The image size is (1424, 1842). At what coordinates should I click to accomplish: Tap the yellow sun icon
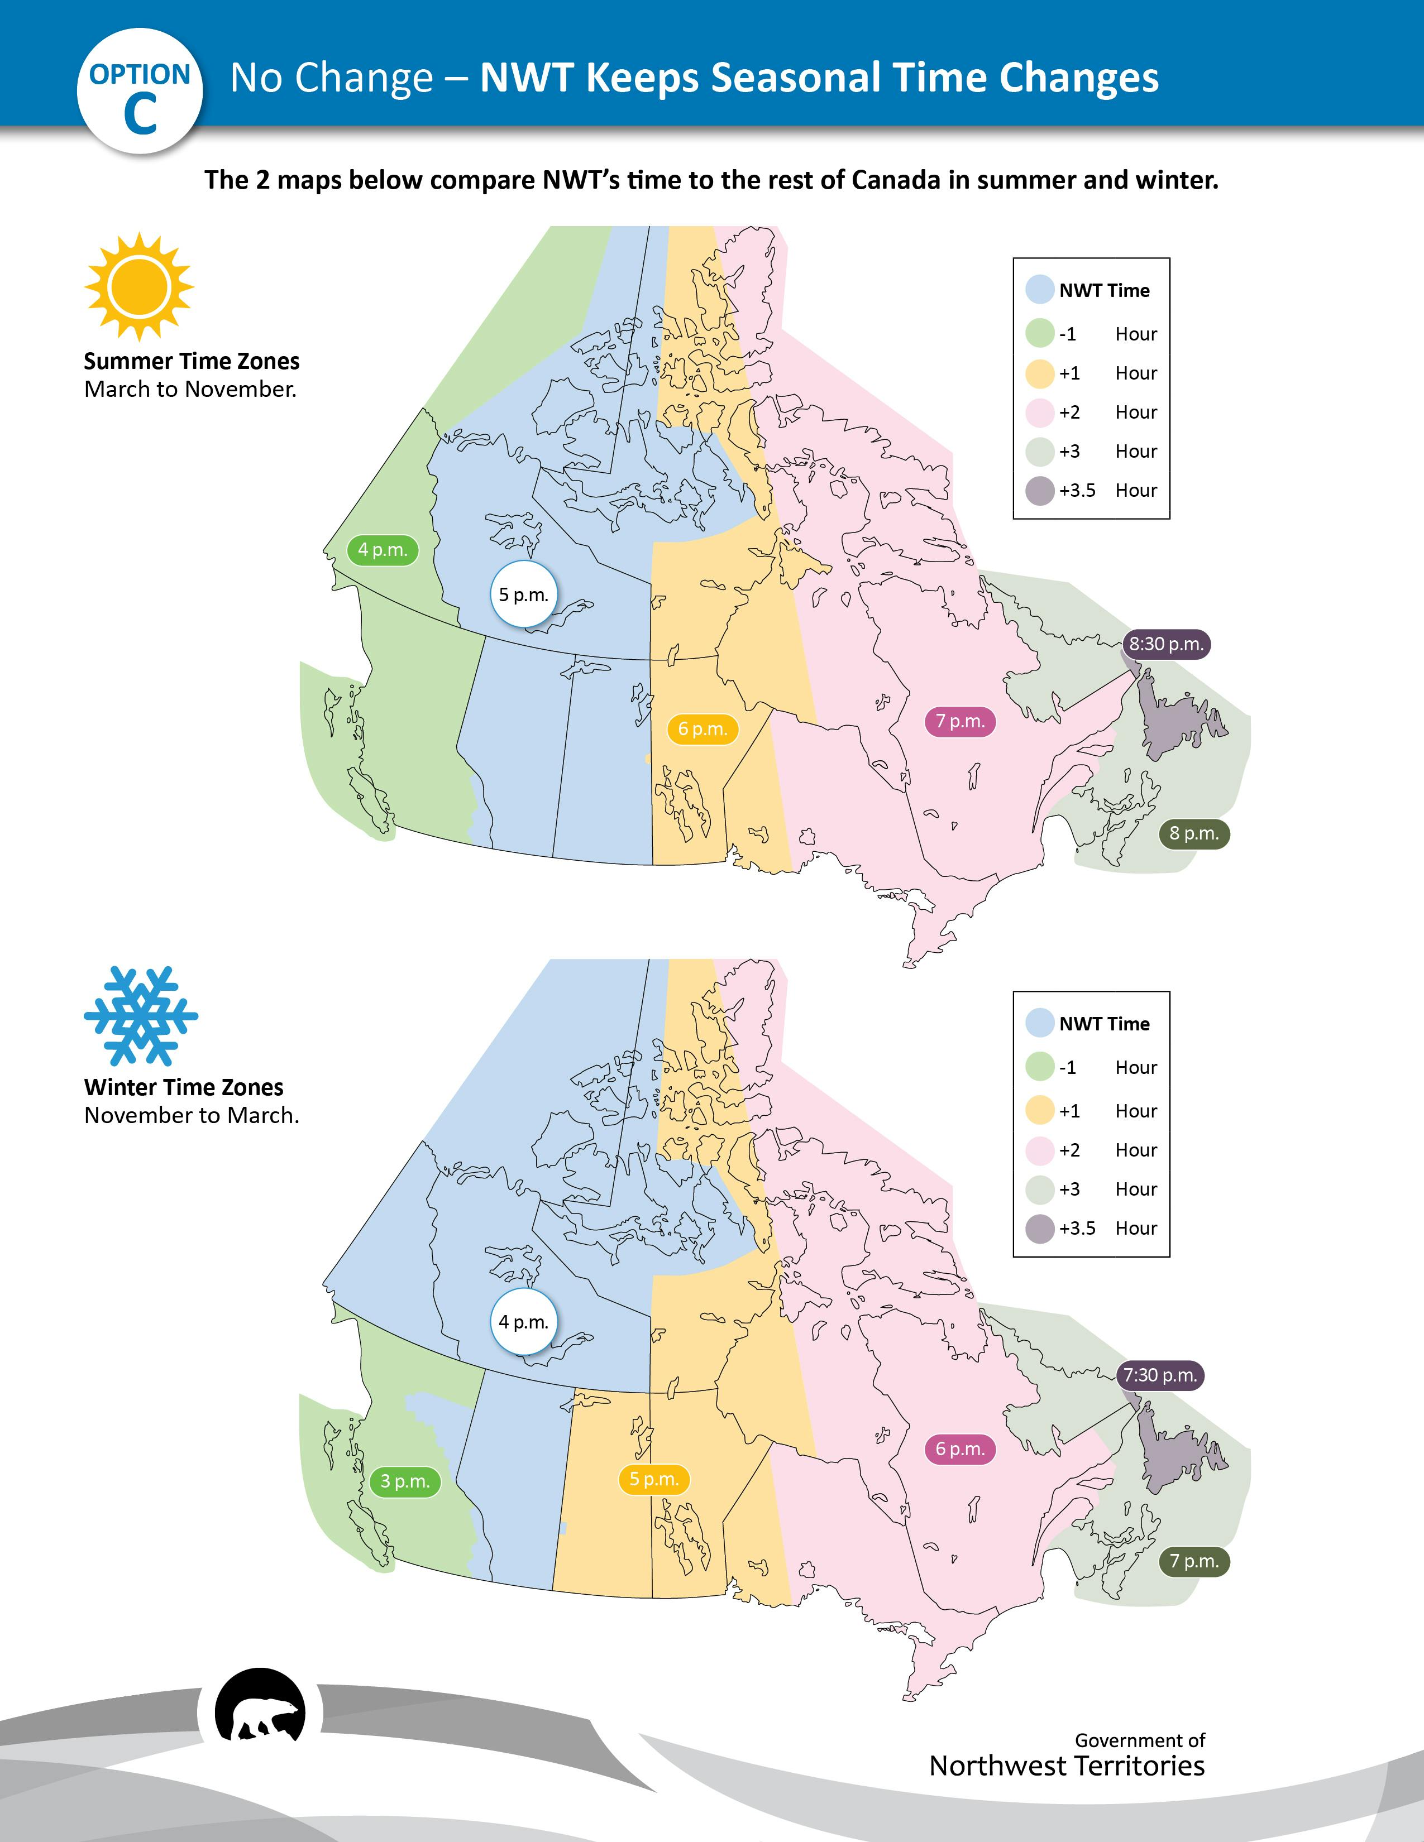pos(139,287)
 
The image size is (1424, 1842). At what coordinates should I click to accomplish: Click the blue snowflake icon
pos(141,1015)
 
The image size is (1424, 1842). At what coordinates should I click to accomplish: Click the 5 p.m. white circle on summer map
pos(524,594)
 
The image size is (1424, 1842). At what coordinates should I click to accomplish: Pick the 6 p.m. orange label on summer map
pos(703,728)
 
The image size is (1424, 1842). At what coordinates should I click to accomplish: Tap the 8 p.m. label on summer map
pos(1194,834)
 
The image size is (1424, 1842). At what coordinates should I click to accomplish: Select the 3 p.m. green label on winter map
pos(405,1481)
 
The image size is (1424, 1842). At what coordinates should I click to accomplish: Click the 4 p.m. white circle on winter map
pos(524,1322)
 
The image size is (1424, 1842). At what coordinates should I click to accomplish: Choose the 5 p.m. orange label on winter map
pos(654,1479)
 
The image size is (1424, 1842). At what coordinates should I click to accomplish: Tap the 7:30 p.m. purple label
pos(1161,1375)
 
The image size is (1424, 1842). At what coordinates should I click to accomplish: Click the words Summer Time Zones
pos(192,361)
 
